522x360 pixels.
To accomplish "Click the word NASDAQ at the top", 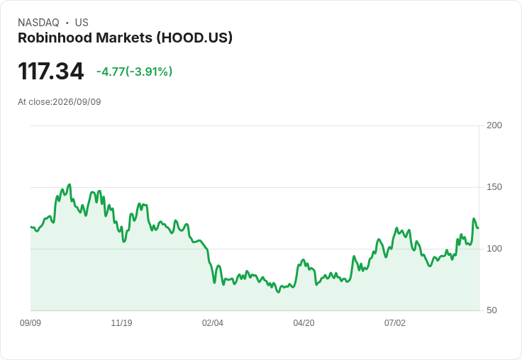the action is point(38,23).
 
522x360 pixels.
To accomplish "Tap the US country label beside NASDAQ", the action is point(82,23).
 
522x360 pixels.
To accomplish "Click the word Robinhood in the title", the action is point(55,38).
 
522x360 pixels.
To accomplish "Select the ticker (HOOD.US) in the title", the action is point(194,38).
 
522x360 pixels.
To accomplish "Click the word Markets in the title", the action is point(124,38).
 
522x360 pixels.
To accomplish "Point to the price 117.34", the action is point(50,71).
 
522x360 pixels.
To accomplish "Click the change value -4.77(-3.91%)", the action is point(135,72).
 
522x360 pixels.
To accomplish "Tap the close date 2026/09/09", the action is point(77,102).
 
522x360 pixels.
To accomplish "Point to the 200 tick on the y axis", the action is point(494,125).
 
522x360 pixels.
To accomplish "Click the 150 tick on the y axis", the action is point(494,187).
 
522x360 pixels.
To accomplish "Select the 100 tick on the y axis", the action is point(494,249).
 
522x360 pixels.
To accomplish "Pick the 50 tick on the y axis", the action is point(492,310).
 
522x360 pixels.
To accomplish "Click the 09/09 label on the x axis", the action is point(30,323).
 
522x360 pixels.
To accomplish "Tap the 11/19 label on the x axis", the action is point(121,323).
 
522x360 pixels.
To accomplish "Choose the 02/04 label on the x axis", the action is point(213,323).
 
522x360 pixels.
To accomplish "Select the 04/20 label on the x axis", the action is point(304,323).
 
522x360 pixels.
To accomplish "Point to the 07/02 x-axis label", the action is point(395,323).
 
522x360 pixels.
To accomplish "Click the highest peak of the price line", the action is point(70,184).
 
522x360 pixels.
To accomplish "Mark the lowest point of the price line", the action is point(278,292).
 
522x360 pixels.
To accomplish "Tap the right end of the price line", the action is point(479,228).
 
